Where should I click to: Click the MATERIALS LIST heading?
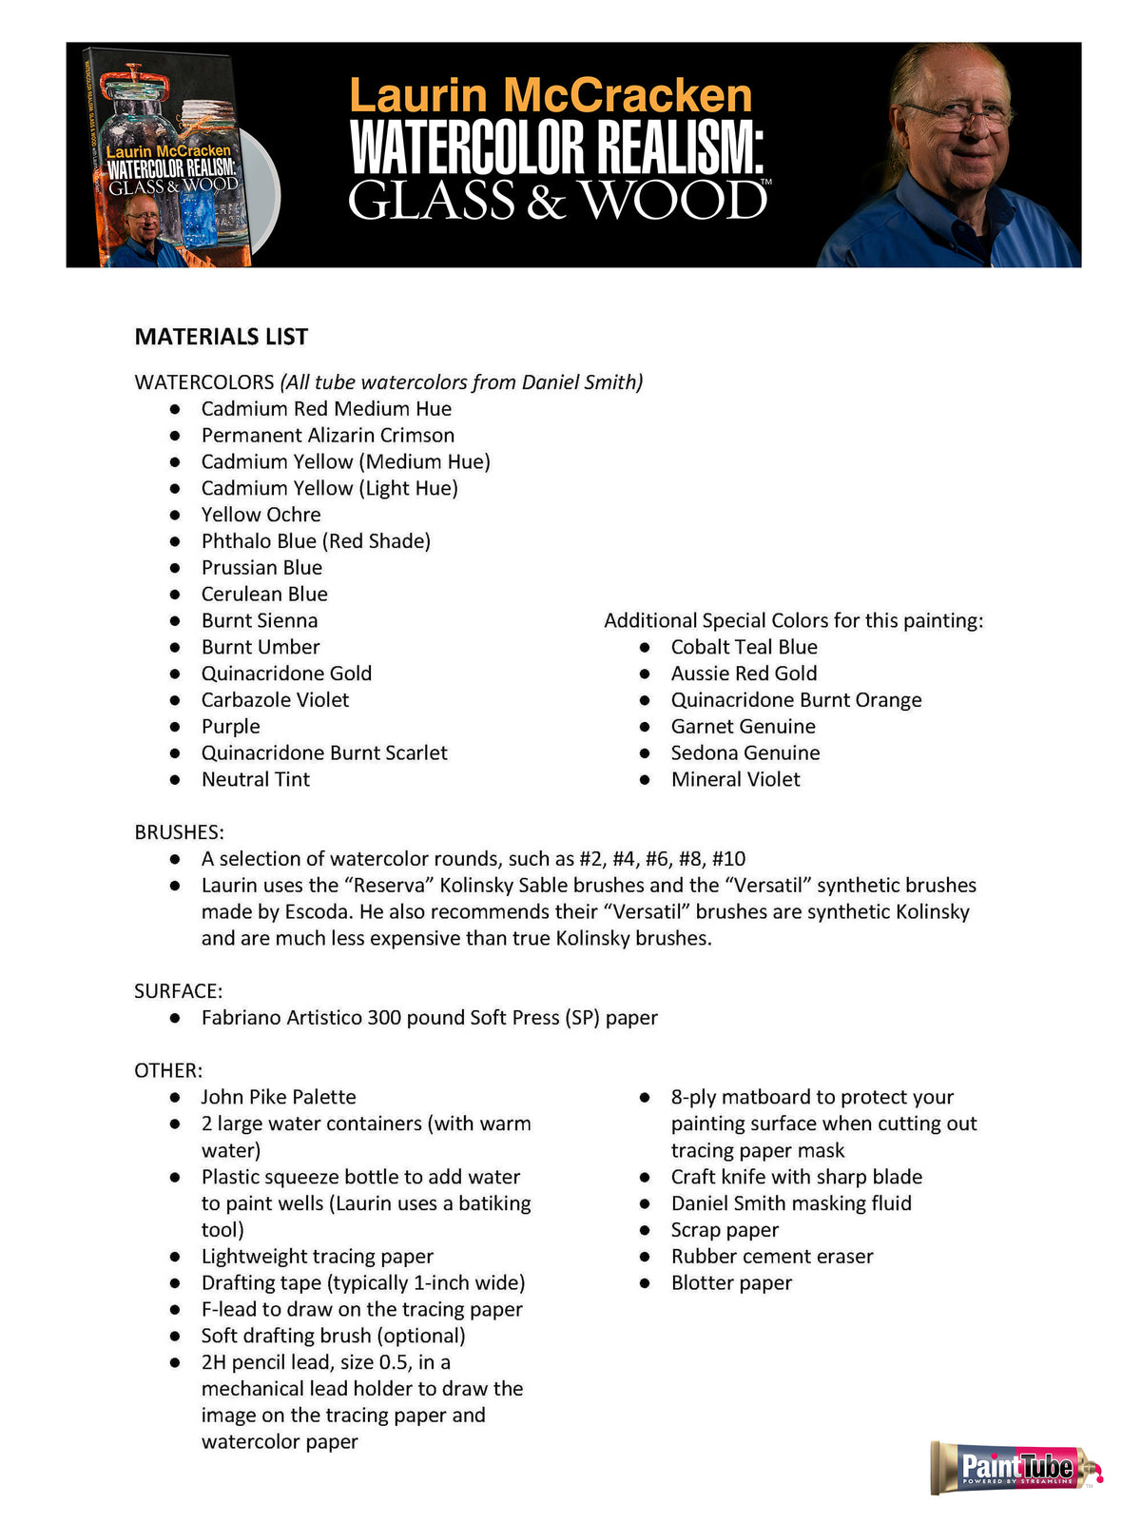coord(221,337)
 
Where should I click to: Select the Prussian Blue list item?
coord(261,568)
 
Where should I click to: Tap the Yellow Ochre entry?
coord(261,515)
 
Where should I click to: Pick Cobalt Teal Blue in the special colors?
coord(744,647)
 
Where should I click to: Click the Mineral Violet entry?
coord(735,779)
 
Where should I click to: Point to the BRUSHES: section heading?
coord(179,832)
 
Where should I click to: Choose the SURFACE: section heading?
coord(178,991)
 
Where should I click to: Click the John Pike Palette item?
coord(278,1097)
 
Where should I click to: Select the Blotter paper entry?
coord(730,1282)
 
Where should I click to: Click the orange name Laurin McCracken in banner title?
coord(551,96)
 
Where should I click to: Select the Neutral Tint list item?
coord(255,779)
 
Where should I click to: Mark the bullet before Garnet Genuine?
coord(645,727)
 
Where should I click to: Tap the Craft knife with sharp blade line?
coord(796,1177)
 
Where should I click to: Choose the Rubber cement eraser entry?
coord(771,1256)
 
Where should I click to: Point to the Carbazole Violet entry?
coord(275,700)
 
